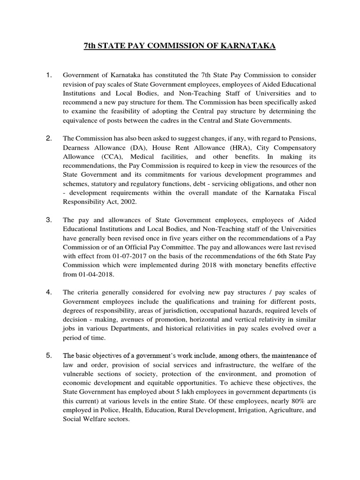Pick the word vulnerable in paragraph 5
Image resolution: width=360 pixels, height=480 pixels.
coord(79,374)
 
